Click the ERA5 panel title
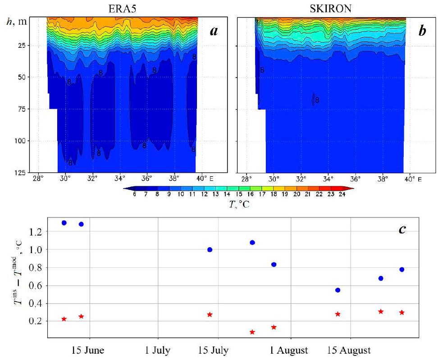pos(122,7)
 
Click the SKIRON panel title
pos(320,7)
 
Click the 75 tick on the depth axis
pos(37,109)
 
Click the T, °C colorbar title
pos(237,205)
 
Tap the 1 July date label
pos(158,351)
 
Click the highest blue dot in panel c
pos(64,223)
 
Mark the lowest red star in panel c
pos(252,332)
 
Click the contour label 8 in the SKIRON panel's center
pos(317,100)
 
